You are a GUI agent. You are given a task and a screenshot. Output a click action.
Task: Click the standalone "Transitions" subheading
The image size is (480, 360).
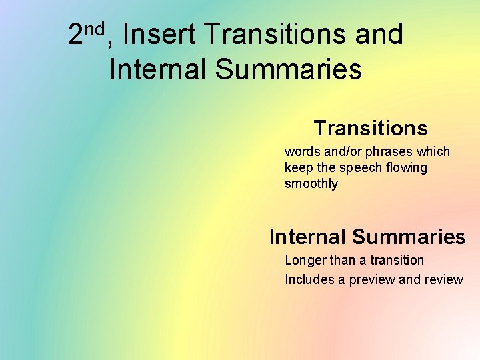click(x=370, y=127)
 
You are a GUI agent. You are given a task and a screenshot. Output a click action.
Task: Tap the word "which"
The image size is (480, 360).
click(x=433, y=152)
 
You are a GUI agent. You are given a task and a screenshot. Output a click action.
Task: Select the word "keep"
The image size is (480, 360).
click(x=297, y=168)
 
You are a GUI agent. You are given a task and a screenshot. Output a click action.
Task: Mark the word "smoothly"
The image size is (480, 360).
click(x=311, y=184)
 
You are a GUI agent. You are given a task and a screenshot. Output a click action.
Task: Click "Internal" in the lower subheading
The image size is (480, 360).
click(x=307, y=237)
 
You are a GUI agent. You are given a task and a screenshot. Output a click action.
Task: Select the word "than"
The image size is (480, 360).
click(x=342, y=261)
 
